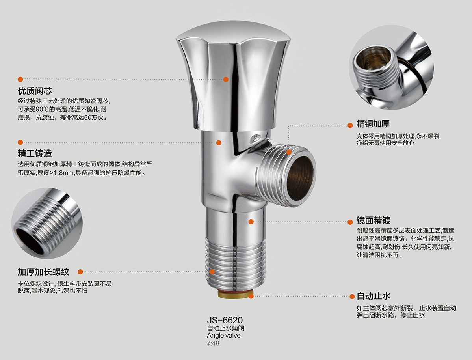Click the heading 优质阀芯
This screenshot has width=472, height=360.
pos(35,91)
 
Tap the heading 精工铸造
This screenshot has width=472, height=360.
pos(35,153)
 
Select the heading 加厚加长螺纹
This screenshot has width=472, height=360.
pos(43,272)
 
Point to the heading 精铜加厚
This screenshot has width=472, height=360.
pos(373,123)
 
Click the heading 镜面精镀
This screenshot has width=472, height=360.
pos(373,220)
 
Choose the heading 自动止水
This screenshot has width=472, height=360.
pos(373,296)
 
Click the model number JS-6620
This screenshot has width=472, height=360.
pos(225,320)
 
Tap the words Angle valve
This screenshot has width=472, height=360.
pos(224,335)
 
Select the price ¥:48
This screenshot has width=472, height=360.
pos(213,343)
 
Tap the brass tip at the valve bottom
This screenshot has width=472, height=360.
pos(236,294)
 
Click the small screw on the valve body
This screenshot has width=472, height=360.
pos(256,138)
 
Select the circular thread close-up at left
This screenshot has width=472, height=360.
pos(47,223)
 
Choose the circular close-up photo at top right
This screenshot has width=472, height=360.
pos(391,67)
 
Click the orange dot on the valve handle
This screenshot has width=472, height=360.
pos(226,80)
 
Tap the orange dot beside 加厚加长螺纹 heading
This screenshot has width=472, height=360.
pos(80,272)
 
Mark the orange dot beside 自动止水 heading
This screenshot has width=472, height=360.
pos(352,297)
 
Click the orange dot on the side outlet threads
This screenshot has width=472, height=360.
pos(289,152)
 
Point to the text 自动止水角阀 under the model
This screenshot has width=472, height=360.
pos(225,328)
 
